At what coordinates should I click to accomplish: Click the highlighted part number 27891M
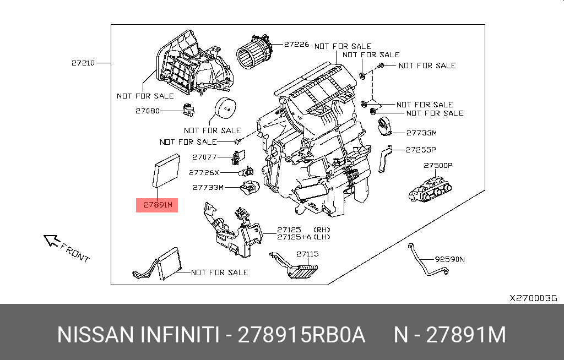click(x=158, y=205)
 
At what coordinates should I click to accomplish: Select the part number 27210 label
click(x=83, y=63)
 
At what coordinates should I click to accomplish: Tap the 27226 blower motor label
click(x=296, y=44)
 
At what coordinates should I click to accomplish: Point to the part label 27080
click(x=147, y=111)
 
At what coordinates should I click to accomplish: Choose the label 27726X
click(x=204, y=172)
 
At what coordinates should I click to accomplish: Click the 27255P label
click(x=421, y=149)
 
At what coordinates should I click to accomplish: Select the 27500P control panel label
click(x=438, y=165)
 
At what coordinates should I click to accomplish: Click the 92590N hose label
click(x=449, y=259)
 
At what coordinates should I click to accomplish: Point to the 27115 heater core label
click(x=307, y=254)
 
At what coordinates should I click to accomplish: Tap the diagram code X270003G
click(x=533, y=298)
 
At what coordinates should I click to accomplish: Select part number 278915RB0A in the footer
click(x=301, y=335)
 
